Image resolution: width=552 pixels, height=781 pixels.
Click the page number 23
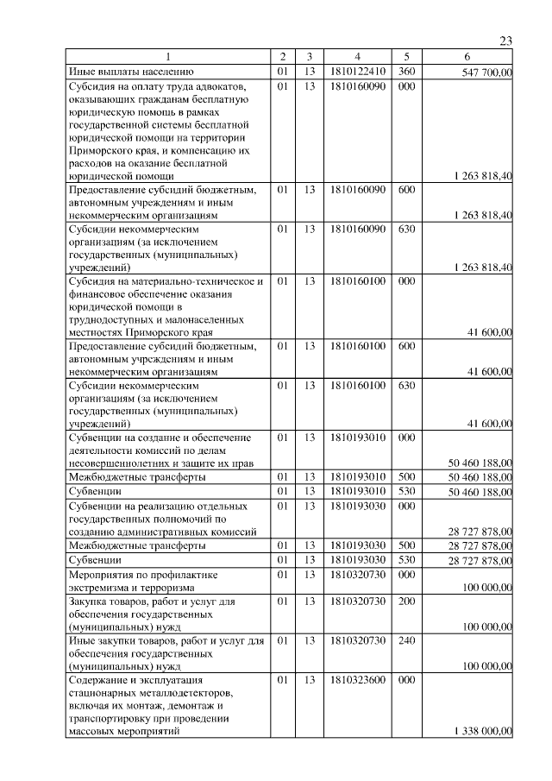(505, 41)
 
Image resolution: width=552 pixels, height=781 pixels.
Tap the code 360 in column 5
(407, 72)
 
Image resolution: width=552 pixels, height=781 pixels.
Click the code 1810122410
(356, 72)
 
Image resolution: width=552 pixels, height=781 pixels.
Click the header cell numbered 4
(356, 57)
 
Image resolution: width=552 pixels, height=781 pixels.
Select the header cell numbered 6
(467, 57)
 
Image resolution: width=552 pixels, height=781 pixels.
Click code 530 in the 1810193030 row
(407, 560)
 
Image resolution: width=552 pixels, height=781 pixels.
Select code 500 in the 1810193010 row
(407, 476)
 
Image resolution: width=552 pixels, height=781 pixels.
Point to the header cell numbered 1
(169, 57)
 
